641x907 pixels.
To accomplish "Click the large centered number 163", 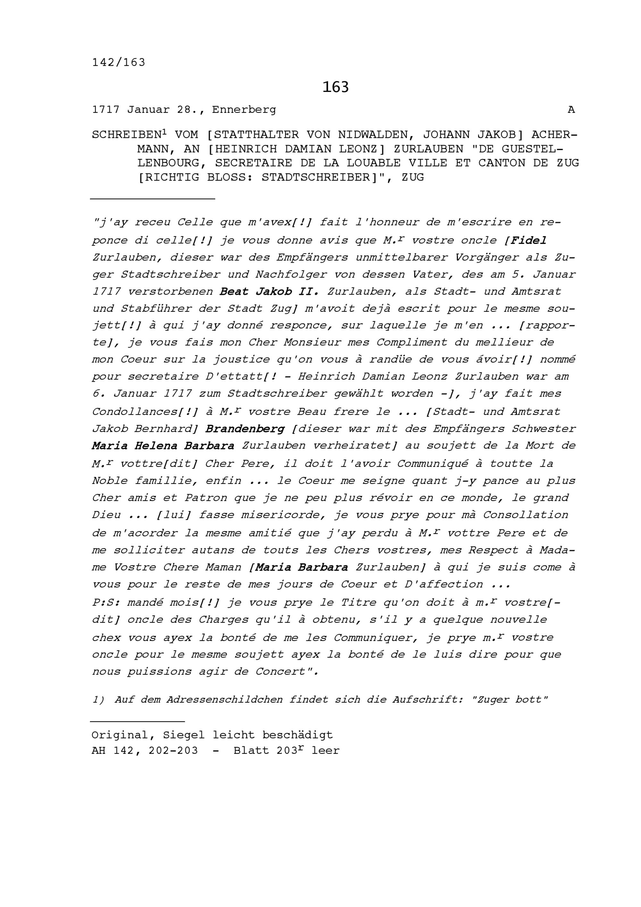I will [x=335, y=87].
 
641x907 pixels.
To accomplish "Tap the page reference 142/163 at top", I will [x=119, y=62].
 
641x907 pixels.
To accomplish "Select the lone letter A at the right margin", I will [x=571, y=110].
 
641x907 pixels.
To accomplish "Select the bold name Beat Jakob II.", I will [x=269, y=292].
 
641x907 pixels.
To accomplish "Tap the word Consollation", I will [x=525, y=515].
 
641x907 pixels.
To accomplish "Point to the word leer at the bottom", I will [x=325, y=751].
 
